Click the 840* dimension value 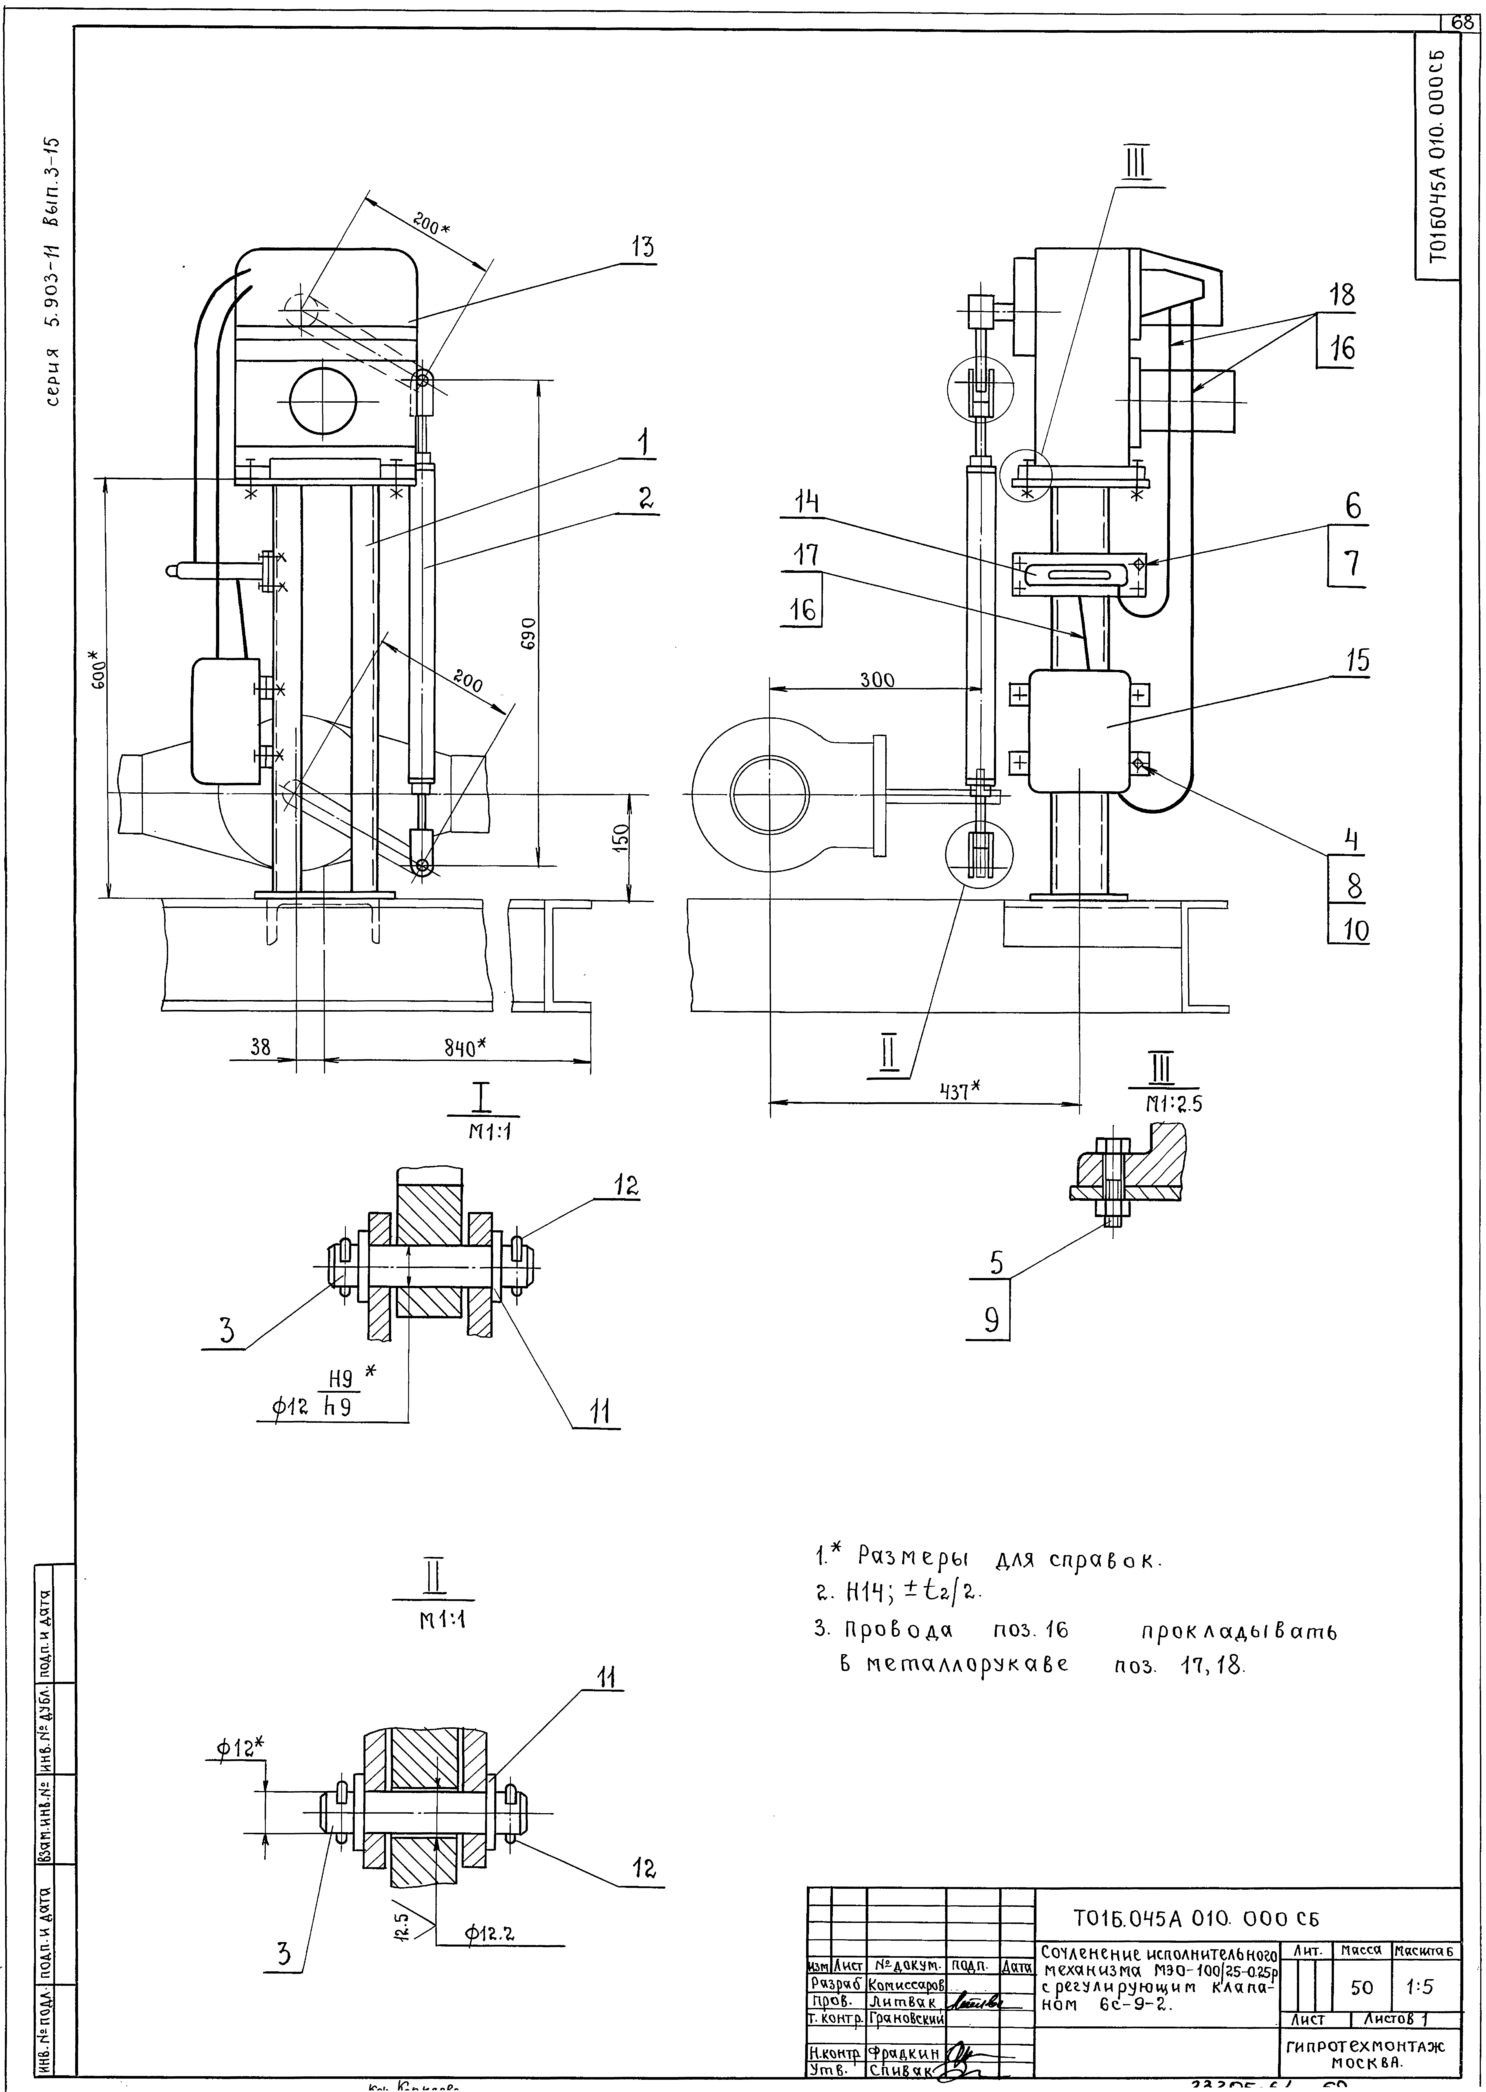[465, 1049]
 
